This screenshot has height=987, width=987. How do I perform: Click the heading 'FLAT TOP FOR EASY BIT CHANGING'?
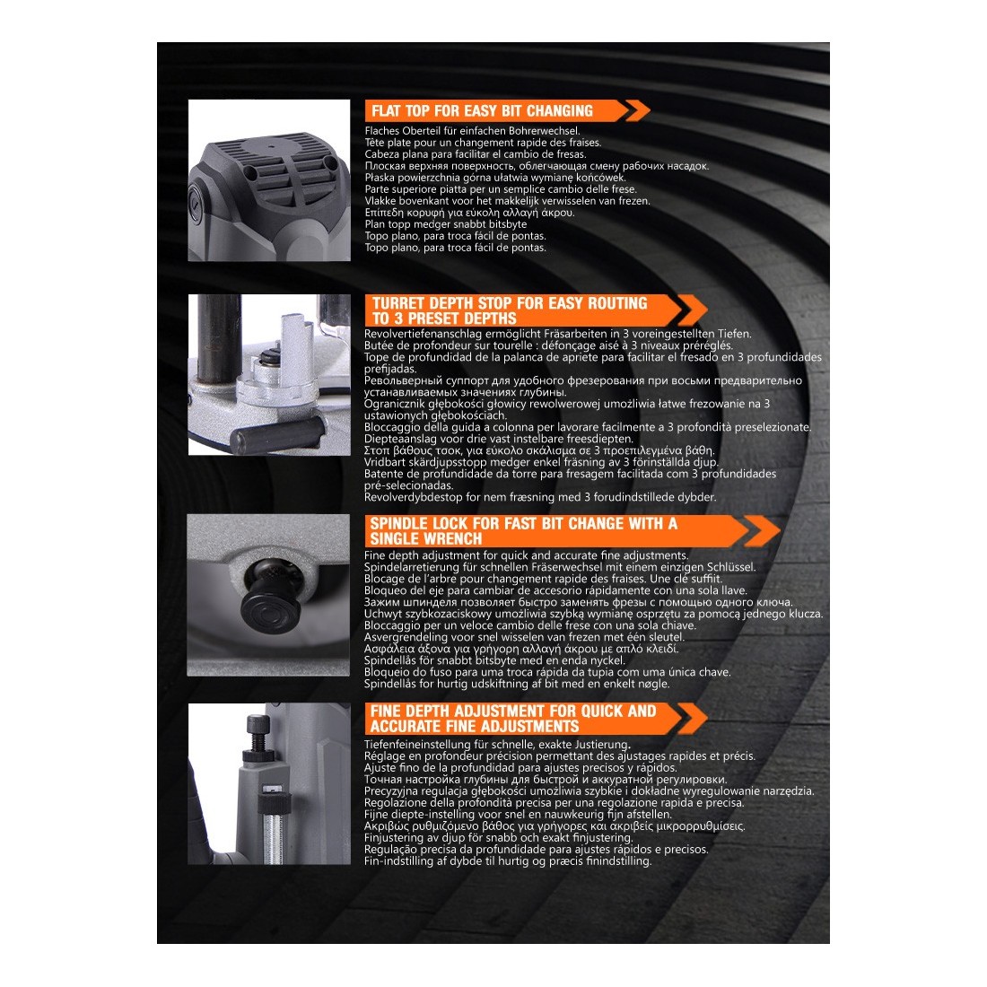[482, 111]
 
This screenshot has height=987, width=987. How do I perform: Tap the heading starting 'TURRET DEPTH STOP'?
[510, 311]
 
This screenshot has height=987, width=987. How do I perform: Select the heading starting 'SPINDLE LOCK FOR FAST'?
[524, 531]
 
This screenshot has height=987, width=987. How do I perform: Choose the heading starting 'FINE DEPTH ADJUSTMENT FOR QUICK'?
[513, 719]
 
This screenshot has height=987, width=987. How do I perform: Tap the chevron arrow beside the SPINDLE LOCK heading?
[762, 531]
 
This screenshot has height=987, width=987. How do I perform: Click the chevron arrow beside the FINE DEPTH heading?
[690, 719]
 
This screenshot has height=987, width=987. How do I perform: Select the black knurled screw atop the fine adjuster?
[258, 734]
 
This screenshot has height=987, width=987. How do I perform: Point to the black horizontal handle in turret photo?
[277, 434]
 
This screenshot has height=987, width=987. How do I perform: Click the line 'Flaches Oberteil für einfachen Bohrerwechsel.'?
[472, 131]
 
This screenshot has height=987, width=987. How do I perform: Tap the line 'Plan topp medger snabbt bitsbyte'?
[446, 224]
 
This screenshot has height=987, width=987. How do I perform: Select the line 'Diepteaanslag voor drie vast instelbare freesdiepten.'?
[499, 439]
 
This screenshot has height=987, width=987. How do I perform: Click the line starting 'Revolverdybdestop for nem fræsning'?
[540, 497]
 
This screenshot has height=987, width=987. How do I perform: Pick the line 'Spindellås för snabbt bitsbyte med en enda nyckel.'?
[494, 660]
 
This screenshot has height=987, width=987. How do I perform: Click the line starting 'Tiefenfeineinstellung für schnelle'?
[497, 745]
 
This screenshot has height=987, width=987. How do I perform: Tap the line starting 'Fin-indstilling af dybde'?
[507, 861]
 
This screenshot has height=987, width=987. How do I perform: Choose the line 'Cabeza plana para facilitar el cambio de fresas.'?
[476, 154]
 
